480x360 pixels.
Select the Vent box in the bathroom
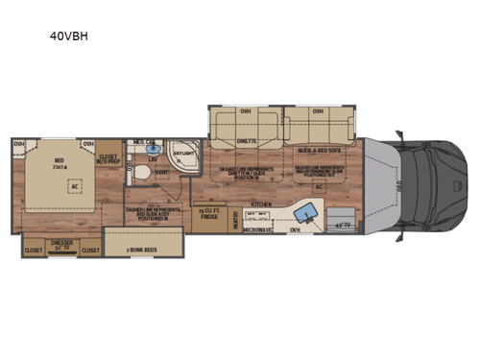click(x=161, y=175)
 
